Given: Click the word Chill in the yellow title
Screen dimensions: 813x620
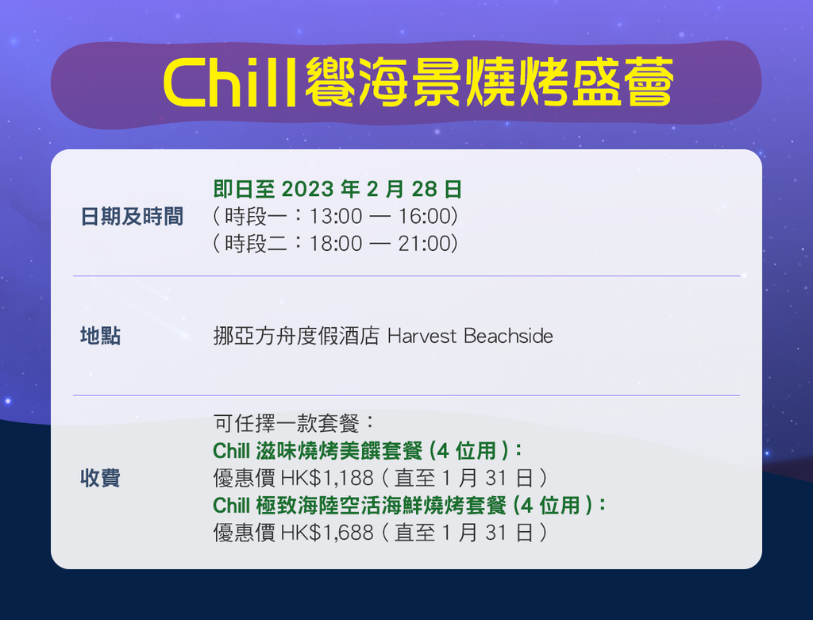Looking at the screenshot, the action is click(x=229, y=83).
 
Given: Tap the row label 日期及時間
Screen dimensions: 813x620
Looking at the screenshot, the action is click(x=132, y=217).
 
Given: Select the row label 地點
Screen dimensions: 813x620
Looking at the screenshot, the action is click(x=101, y=336).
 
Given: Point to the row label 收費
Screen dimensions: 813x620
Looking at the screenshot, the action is click(x=101, y=477).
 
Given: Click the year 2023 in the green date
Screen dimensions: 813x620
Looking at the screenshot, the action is click(x=307, y=189).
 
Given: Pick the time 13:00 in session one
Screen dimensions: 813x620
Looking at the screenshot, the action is click(x=336, y=217).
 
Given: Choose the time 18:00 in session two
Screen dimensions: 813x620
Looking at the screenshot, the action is click(x=336, y=244).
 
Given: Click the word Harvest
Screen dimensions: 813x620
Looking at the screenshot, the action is click(x=422, y=336).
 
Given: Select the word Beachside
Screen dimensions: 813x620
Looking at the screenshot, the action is click(x=508, y=336).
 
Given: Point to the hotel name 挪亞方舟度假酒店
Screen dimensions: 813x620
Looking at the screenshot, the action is click(x=296, y=336).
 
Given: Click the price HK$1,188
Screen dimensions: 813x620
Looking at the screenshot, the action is click(x=326, y=478).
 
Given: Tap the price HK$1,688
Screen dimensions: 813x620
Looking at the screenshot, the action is click(x=326, y=533).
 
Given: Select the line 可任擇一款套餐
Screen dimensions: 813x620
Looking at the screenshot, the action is click(x=286, y=423).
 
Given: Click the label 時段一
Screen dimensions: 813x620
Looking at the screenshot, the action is click(x=256, y=217).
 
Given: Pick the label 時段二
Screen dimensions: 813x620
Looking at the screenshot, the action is click(x=256, y=244).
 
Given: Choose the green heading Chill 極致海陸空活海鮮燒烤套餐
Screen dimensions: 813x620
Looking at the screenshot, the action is click(x=360, y=505).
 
